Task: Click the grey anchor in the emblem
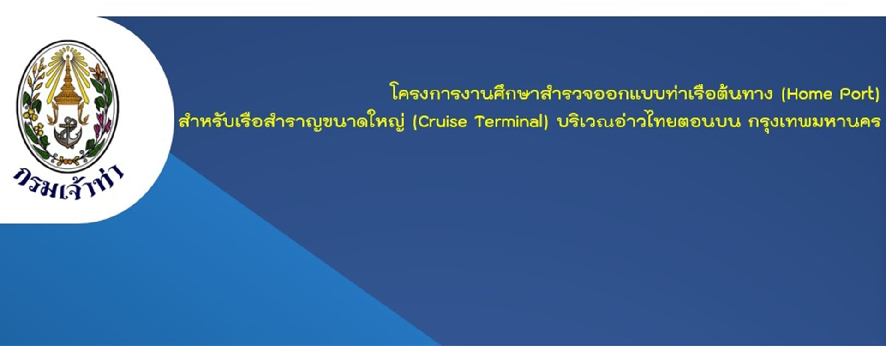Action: [x=69, y=133]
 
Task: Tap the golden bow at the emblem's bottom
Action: [x=68, y=161]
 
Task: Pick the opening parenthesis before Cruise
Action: [x=415, y=122]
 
